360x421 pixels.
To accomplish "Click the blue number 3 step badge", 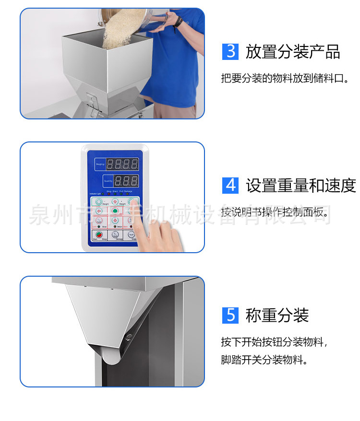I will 230,51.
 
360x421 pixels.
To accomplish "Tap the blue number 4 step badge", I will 230,185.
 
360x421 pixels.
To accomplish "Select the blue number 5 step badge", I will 230,315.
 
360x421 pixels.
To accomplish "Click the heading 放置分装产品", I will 293,52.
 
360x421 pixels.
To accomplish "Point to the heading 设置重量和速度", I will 301,185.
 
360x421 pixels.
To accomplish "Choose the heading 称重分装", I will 277,316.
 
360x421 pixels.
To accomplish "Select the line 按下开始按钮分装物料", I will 274,342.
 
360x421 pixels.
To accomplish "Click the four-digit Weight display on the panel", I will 122,164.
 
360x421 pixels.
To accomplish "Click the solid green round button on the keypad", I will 115,210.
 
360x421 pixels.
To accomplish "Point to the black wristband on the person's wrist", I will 179,22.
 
